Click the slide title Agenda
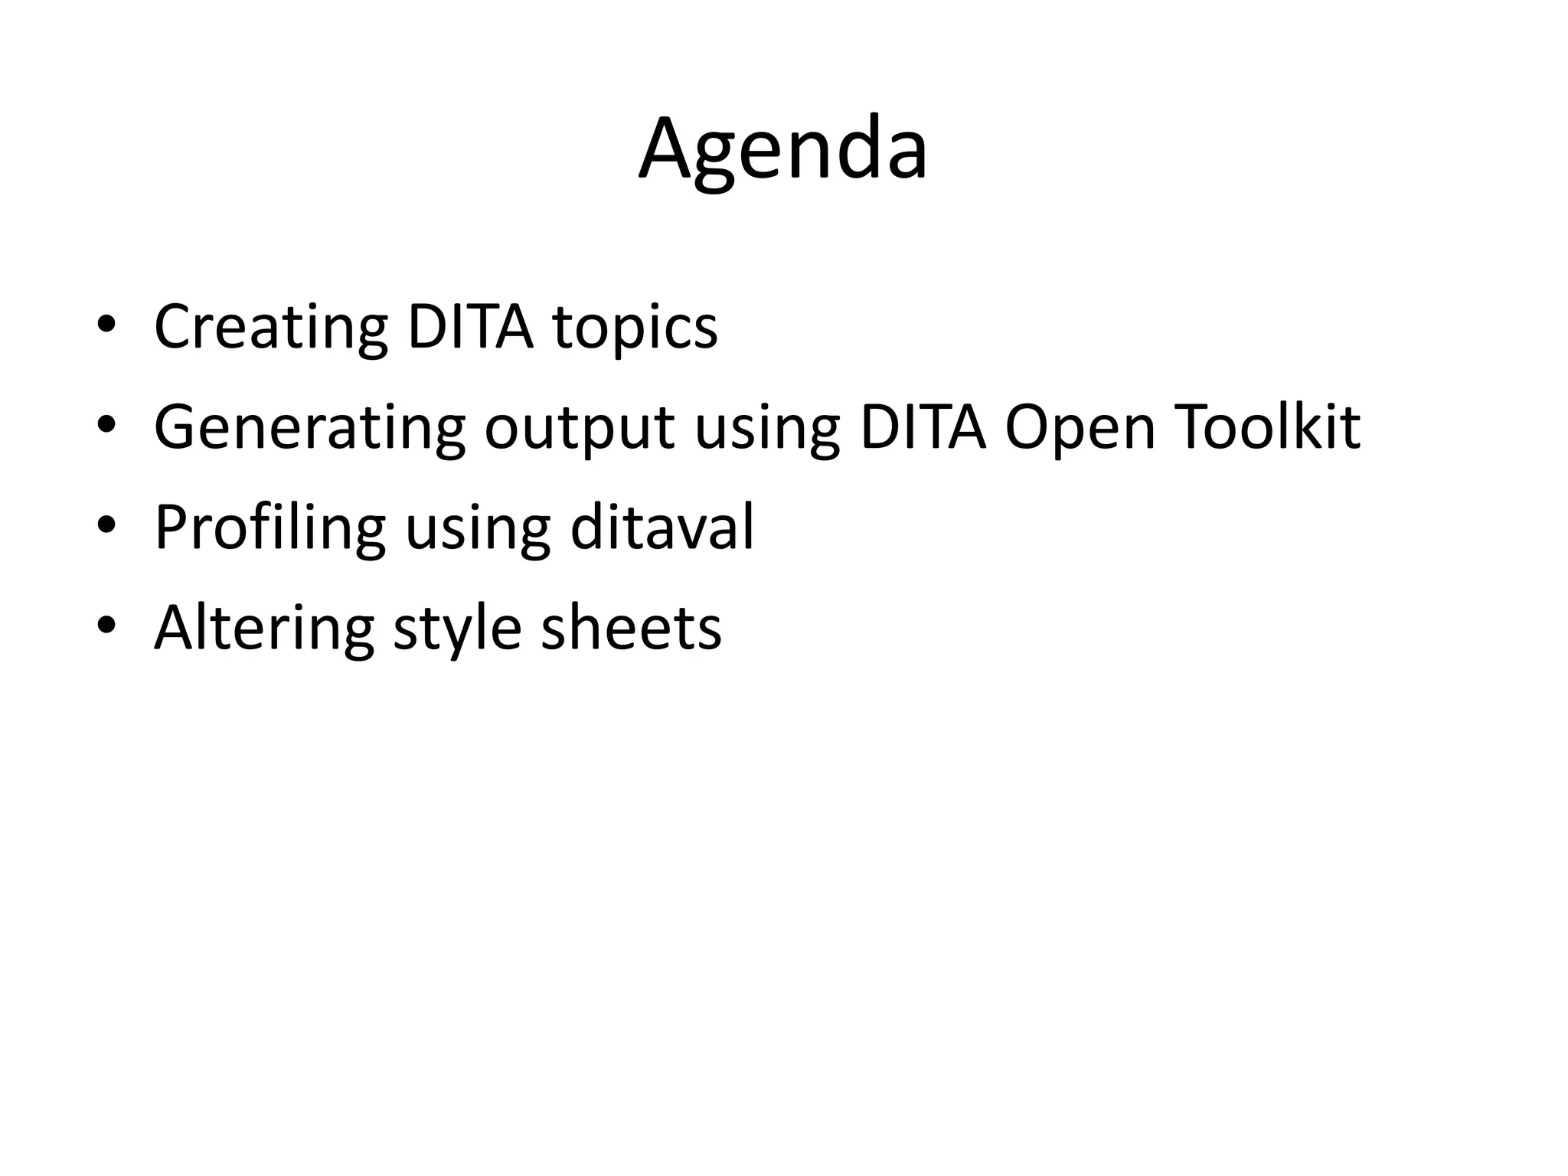(x=783, y=149)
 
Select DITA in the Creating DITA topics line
(x=469, y=327)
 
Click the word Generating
(x=309, y=429)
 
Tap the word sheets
(x=631, y=629)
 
